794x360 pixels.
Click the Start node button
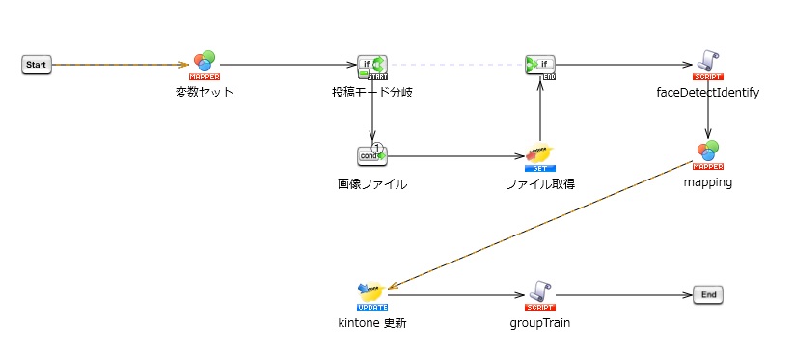click(x=36, y=65)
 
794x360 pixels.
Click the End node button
click(x=707, y=295)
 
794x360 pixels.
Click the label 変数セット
click(x=204, y=93)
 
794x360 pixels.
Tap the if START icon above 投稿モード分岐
click(x=371, y=66)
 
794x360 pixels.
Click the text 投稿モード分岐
click(x=372, y=93)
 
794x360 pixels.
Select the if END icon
click(x=540, y=66)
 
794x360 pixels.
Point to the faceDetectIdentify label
click(x=708, y=93)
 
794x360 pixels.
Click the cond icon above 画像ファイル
click(x=371, y=155)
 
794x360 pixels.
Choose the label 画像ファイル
click(x=371, y=183)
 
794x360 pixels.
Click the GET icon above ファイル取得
click(x=540, y=156)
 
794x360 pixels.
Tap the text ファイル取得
click(x=540, y=183)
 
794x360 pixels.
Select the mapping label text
click(x=708, y=182)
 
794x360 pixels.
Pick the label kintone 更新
click(x=371, y=323)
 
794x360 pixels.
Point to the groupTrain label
click(x=539, y=323)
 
